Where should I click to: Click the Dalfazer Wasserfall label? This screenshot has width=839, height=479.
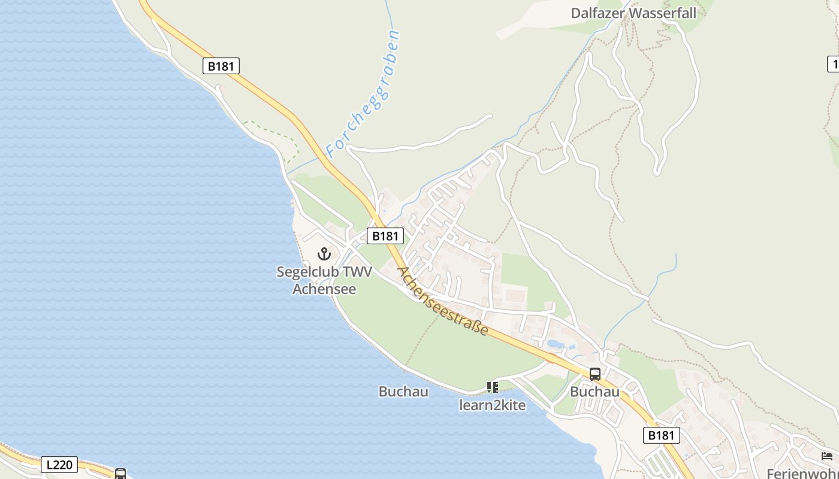(633, 13)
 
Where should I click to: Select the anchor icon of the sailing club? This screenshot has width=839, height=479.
(324, 254)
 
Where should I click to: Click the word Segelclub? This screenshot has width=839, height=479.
(305, 272)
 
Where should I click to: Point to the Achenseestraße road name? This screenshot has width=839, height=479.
(443, 301)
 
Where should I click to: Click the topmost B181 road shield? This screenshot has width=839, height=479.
(221, 66)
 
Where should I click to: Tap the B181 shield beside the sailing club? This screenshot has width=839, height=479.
(385, 236)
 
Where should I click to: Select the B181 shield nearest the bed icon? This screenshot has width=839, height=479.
(662, 435)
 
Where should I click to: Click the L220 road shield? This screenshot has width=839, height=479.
(59, 464)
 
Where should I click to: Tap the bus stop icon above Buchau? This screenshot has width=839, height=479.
(595, 374)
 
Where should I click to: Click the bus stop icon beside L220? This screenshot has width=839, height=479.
(120, 474)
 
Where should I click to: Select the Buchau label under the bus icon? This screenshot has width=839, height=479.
(594, 392)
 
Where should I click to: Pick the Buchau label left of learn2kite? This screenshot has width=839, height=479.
(403, 392)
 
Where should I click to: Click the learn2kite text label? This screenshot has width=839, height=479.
(492, 405)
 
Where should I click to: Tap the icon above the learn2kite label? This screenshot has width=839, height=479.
(493, 387)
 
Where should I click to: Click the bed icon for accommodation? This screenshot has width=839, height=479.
(827, 456)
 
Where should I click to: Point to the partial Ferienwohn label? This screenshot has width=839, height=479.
(803, 472)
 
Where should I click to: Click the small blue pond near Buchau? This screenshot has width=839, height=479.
(555, 344)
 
